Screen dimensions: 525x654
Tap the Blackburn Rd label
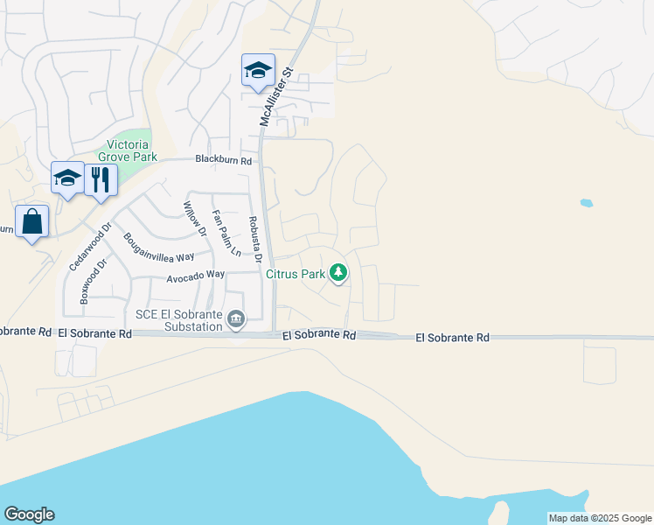(x=223, y=160)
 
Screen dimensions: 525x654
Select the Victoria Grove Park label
(x=132, y=150)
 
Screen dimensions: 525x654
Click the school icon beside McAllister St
(x=258, y=70)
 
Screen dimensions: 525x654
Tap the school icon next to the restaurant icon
(x=67, y=178)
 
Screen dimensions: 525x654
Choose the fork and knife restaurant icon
(x=101, y=180)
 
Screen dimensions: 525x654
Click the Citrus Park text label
(x=296, y=274)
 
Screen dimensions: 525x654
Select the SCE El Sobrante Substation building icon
(x=235, y=321)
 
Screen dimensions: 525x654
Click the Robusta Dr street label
(x=254, y=239)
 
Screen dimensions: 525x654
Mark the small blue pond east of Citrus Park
(x=586, y=203)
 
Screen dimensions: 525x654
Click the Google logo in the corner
(x=29, y=514)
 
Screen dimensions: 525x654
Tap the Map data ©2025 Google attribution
(x=600, y=518)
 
